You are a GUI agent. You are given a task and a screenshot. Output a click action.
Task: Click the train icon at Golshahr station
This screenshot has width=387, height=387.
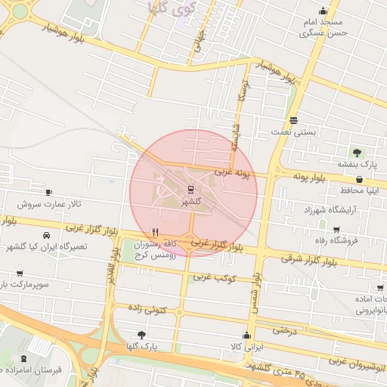click(x=190, y=189)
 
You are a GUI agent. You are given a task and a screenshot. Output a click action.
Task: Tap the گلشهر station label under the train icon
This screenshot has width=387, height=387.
click(x=190, y=202)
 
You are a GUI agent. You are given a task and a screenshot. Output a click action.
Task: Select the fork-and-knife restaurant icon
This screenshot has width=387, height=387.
click(x=156, y=232)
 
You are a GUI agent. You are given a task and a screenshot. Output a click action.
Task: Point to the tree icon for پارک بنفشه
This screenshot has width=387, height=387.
click(x=356, y=153)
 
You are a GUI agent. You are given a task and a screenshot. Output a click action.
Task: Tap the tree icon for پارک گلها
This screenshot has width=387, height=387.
click(x=142, y=334)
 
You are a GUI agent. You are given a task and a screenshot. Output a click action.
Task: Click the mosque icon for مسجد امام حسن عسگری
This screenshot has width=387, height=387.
click(x=324, y=11)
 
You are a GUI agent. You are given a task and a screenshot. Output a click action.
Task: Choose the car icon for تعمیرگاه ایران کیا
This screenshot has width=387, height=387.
click(x=47, y=234)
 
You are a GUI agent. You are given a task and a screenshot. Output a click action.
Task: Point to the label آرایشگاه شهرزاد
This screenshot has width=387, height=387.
click(x=329, y=209)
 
